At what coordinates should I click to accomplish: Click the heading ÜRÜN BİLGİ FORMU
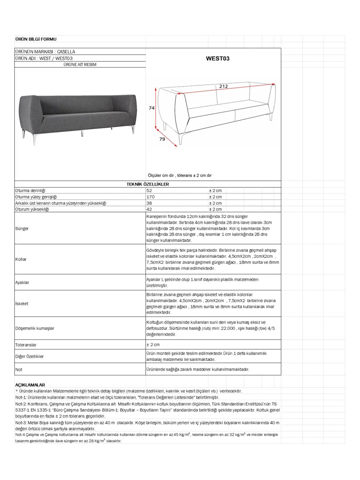(36, 39)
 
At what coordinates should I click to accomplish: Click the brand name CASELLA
(66, 52)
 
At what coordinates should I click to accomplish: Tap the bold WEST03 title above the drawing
(217, 58)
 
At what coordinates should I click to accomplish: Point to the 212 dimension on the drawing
(223, 86)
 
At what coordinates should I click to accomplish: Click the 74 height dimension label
(152, 108)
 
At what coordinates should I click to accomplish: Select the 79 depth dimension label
(162, 139)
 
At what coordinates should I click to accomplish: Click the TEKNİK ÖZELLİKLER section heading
(148, 184)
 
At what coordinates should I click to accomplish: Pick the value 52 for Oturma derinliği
(149, 190)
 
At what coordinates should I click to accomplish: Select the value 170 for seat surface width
(151, 197)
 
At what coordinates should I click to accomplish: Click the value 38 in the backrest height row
(149, 203)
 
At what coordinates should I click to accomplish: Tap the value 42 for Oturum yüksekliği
(149, 209)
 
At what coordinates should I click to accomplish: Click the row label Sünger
(22, 229)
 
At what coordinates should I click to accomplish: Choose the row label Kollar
(21, 259)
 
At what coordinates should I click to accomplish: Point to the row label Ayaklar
(22, 282)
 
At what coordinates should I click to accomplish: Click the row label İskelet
(22, 304)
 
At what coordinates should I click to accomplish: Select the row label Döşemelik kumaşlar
(35, 328)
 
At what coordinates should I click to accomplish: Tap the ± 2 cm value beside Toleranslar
(153, 345)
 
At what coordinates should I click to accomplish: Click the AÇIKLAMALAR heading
(30, 385)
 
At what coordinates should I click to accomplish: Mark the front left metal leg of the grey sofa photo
(35, 139)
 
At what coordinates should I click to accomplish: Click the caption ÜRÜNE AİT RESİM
(80, 64)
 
